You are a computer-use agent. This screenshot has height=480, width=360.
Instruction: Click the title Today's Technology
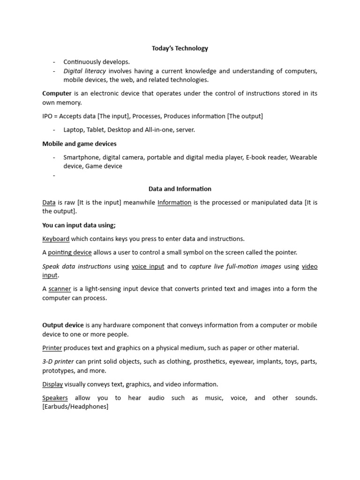(180, 48)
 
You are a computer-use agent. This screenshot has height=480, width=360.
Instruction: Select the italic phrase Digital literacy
(84, 71)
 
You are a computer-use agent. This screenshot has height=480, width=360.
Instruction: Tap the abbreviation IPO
(48, 116)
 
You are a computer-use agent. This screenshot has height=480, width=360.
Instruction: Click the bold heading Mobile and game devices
(79, 143)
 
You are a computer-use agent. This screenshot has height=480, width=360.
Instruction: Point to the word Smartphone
(81, 157)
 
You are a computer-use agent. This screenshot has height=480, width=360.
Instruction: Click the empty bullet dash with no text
(54, 175)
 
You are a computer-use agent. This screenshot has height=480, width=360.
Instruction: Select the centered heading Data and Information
(180, 189)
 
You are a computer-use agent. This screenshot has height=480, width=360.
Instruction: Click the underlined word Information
(174, 202)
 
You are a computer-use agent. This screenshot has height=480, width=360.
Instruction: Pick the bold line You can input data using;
(79, 225)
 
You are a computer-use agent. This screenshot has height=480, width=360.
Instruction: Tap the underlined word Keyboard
(56, 239)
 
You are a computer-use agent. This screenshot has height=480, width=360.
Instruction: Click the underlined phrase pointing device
(70, 252)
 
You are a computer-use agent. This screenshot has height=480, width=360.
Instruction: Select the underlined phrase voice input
(148, 266)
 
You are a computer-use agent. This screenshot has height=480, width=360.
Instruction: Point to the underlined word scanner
(60, 289)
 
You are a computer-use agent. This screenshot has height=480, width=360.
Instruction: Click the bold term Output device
(63, 325)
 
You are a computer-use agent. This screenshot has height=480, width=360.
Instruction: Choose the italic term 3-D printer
(58, 361)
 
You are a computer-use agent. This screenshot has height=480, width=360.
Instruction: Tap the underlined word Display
(52, 384)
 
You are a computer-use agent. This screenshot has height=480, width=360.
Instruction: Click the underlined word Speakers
(55, 397)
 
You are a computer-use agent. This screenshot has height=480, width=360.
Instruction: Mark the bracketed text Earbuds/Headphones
(75, 406)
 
